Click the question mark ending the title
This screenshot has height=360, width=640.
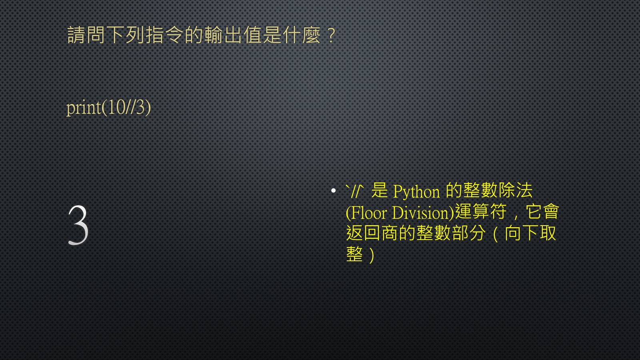coord(332,36)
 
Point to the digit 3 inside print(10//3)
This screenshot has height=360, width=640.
coord(140,108)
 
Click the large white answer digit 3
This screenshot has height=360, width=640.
coord(78,225)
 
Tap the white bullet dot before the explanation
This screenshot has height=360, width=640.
coord(333,190)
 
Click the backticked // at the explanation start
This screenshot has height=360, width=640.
coord(354,191)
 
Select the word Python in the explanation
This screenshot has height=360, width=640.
coord(416,192)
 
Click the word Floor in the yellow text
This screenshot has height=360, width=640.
coord(368,212)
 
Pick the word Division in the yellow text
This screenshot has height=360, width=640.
coord(421,212)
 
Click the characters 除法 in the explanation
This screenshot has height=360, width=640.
coord(516,190)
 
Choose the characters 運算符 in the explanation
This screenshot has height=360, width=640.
coord(480,212)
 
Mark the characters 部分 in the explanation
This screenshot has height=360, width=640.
coord(468,233)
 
